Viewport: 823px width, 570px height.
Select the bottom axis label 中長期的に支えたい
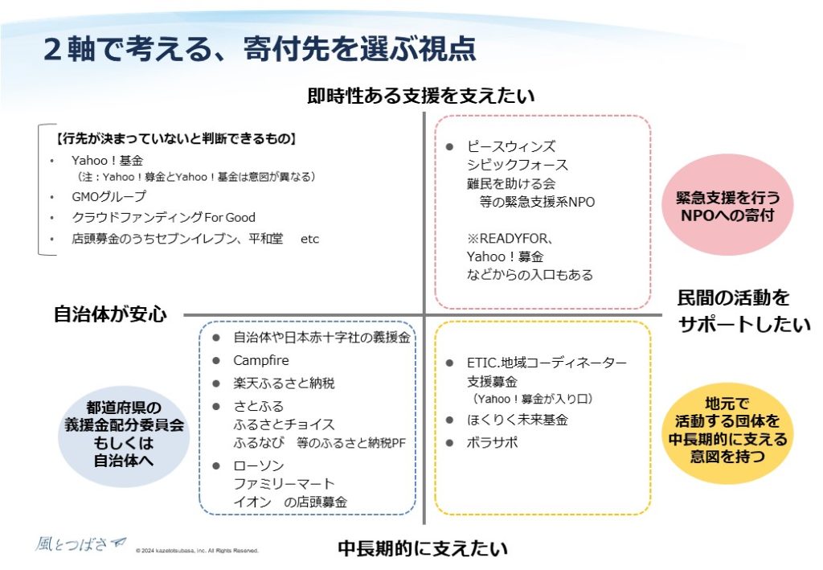[x=423, y=549]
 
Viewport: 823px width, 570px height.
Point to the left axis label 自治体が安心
[x=110, y=314]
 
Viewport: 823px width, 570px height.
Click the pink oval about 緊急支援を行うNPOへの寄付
[x=728, y=205]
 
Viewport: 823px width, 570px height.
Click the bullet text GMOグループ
[x=109, y=196]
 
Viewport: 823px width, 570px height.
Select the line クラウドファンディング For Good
[x=163, y=217]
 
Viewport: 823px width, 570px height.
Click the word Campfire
[x=261, y=360]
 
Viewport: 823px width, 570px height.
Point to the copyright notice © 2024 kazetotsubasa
[x=197, y=552]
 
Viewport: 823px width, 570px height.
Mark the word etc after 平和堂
[x=309, y=239]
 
